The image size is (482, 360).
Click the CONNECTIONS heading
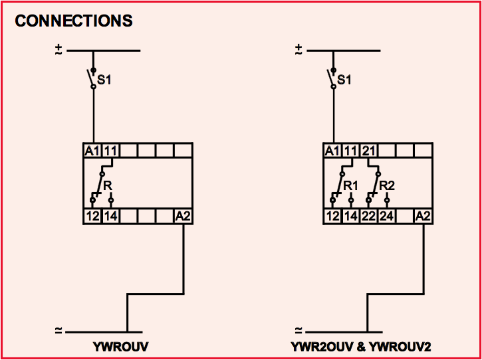74,21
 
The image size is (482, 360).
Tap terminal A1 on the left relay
92,151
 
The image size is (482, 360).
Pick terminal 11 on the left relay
110,151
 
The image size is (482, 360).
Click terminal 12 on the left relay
92,216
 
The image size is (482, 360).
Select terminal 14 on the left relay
110,216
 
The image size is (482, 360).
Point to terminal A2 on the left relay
183,216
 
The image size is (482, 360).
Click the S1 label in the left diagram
105,80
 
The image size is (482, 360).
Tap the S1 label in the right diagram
344,80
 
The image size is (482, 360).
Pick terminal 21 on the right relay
368,151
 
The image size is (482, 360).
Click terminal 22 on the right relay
368,216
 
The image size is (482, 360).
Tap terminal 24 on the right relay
386,216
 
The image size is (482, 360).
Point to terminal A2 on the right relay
422,216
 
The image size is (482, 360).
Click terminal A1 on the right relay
331,151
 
